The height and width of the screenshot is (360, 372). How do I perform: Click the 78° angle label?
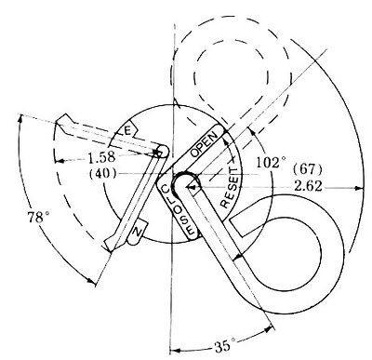point(39,217)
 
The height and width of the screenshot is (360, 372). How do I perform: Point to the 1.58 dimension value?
point(101,157)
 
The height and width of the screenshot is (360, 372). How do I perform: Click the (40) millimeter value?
point(102,173)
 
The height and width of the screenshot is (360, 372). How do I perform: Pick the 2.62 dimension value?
point(308,187)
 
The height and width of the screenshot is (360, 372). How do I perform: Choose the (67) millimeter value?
point(308,169)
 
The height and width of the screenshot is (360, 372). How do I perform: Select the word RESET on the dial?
point(230,187)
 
